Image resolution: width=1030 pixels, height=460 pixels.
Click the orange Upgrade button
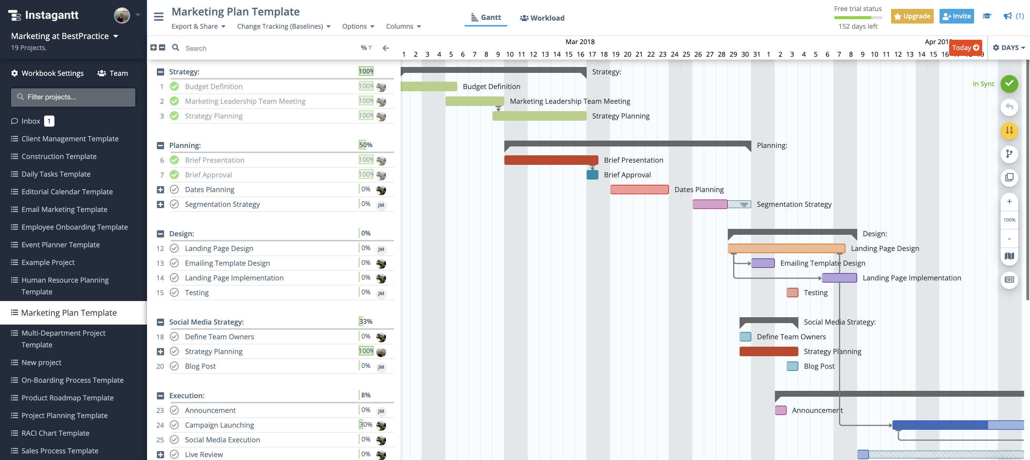(x=912, y=16)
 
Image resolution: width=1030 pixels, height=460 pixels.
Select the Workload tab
(x=542, y=18)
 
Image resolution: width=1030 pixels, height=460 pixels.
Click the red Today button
(x=965, y=47)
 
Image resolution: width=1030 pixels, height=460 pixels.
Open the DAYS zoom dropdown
(x=1009, y=47)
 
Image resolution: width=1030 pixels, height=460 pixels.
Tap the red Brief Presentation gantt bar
(x=551, y=160)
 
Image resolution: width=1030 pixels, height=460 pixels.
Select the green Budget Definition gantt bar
(x=428, y=86)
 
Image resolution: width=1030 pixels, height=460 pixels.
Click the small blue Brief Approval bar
(x=592, y=175)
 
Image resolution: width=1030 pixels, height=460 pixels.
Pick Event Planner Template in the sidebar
(x=60, y=245)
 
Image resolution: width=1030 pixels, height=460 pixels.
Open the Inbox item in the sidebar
(x=31, y=121)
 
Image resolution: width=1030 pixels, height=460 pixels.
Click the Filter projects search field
(x=73, y=97)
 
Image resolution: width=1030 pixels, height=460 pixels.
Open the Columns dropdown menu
(x=403, y=26)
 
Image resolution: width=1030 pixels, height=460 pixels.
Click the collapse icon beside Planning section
(x=160, y=145)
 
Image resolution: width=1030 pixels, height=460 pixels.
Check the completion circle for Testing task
(x=174, y=293)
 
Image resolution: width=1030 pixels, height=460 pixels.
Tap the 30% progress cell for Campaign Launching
(x=365, y=425)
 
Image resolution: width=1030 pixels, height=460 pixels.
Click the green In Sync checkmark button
(x=1009, y=84)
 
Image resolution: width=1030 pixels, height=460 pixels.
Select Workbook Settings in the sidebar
(x=47, y=73)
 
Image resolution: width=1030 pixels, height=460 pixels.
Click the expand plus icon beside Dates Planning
(x=160, y=190)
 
